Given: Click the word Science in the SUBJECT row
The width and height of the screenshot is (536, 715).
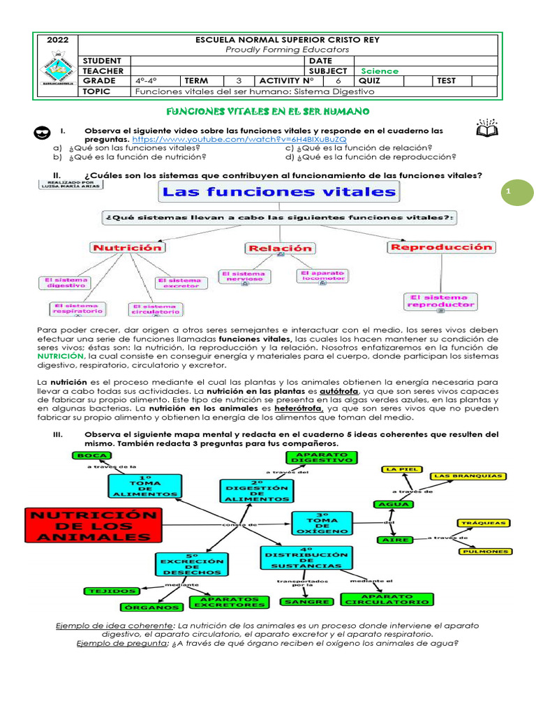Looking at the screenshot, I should point(380,71).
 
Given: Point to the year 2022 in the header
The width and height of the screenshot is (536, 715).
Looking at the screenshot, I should point(57,40).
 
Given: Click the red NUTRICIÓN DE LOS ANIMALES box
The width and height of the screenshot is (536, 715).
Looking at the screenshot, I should point(91,525).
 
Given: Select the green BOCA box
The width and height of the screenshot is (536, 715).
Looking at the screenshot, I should point(93,455).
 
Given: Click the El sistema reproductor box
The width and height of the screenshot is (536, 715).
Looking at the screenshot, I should point(440,300).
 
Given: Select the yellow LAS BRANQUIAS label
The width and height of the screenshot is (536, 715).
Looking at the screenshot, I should point(468,476).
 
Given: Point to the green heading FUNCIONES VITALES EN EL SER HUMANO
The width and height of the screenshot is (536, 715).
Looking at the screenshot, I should point(268,112).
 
